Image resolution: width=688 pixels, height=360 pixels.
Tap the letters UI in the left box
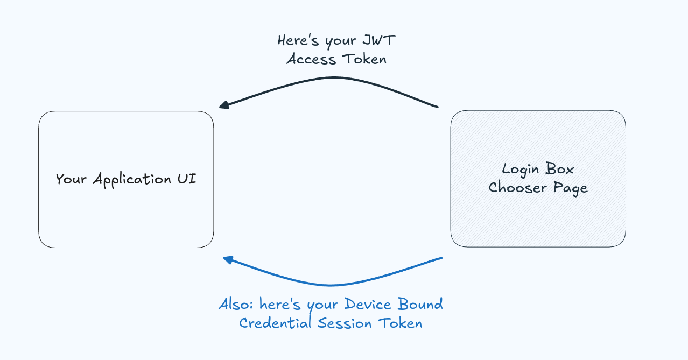point(187,179)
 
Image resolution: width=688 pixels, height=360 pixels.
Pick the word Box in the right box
point(560,169)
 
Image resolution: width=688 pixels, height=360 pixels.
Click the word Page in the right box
point(570,188)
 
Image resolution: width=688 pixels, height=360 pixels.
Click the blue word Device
point(368,305)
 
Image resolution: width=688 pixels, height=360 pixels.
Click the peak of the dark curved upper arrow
point(334,78)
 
